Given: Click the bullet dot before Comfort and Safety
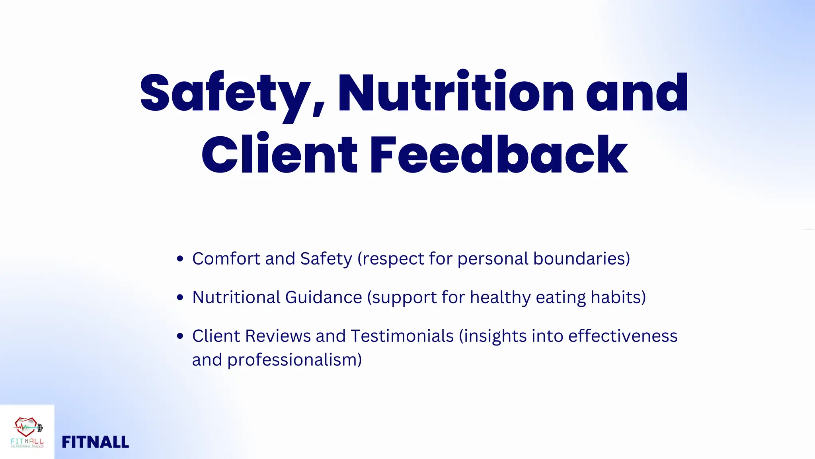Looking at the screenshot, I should coord(180,259).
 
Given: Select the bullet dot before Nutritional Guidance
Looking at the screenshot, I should coord(180,298).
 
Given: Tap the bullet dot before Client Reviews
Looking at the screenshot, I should coord(180,336).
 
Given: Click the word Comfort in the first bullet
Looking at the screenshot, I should coord(226,259).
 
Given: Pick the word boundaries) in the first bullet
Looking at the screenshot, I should coord(581,259).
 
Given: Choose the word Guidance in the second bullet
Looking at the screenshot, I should coord(323,298).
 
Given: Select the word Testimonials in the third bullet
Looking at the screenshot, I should coord(402,336).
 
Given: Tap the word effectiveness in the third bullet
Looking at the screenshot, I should coord(622,336).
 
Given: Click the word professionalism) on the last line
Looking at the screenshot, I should coord(294,360).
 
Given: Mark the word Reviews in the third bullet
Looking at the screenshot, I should coord(278,336).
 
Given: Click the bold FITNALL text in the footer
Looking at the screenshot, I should coord(95,442).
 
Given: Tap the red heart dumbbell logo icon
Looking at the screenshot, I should coord(27,427).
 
